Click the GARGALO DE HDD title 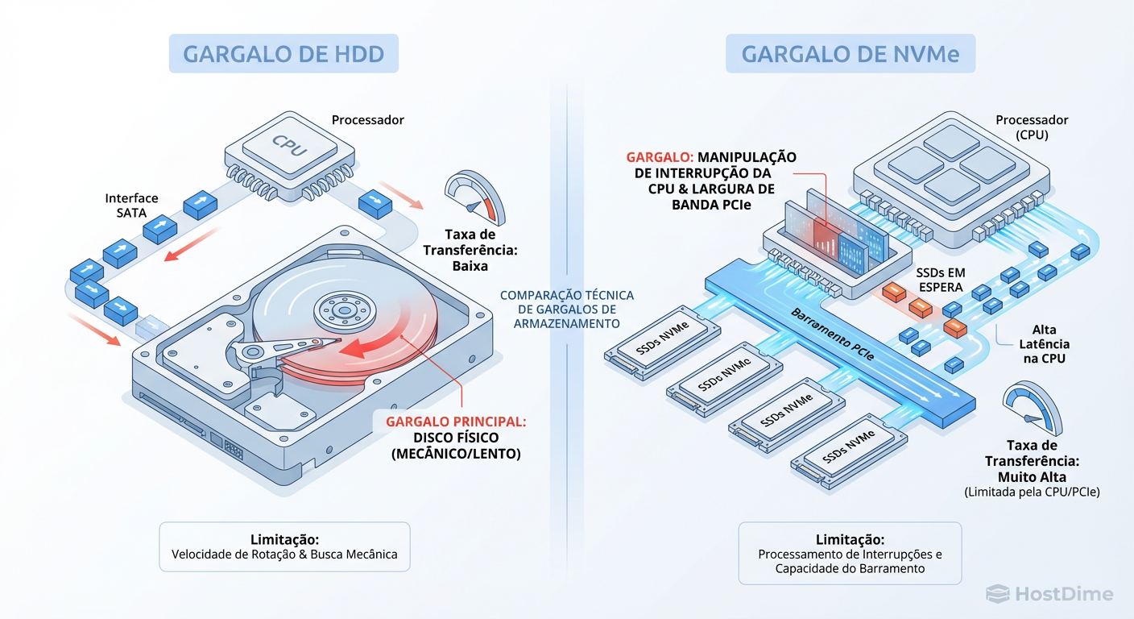click(283, 53)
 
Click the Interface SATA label click(131, 205)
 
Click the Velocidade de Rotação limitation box click(284, 546)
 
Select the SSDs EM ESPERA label click(940, 280)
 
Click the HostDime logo click(1049, 594)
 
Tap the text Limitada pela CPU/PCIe click(1032, 492)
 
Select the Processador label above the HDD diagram click(368, 120)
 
